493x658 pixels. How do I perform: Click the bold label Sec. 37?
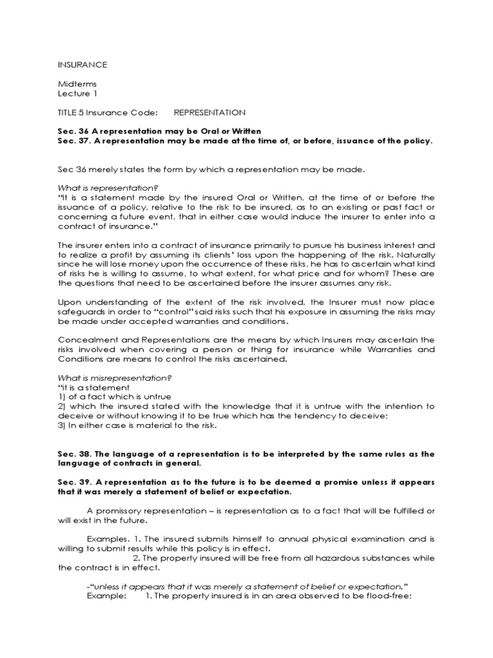pyautogui.click(x=73, y=141)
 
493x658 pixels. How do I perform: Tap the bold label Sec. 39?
pyautogui.click(x=73, y=483)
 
